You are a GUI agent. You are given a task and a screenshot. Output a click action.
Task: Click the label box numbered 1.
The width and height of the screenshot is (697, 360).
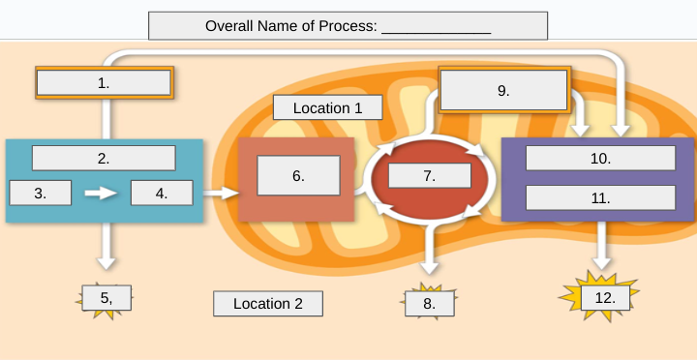104,82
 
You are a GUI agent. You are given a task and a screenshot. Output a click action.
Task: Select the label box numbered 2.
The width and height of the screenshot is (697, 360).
104,157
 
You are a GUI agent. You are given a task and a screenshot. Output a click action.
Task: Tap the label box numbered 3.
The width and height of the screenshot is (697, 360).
41,193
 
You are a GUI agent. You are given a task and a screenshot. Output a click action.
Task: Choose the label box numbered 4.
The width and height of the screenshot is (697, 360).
162,193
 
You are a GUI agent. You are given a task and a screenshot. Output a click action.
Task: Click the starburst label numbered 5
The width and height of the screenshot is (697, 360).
106,298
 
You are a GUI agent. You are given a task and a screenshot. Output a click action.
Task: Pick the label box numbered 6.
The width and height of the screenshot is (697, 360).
298,175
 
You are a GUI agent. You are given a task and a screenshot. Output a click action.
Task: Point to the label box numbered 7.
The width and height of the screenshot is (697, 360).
429,175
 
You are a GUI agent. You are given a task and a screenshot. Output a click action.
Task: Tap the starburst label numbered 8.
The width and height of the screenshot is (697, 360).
430,303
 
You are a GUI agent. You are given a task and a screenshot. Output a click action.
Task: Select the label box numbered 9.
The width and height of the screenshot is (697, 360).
502,90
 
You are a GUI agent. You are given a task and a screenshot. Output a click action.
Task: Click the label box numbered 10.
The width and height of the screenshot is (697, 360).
600,158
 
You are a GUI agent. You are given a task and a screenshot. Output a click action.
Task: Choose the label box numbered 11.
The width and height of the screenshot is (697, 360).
600,197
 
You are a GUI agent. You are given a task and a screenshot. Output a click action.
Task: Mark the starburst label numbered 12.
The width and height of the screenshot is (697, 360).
605,297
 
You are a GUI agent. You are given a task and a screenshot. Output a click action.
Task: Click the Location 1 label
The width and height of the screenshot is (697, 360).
327,107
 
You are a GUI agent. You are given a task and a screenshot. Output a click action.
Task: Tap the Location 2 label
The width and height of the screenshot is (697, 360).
268,304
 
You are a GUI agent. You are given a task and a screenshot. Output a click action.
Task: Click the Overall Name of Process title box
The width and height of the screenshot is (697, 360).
348,25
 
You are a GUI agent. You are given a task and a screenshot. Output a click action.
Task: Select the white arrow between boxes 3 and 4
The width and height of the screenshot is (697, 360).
101,193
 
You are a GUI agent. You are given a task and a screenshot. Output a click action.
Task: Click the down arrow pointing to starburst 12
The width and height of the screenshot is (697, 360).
602,247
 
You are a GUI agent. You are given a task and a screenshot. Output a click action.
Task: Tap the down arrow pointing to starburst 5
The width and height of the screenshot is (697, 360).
106,247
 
